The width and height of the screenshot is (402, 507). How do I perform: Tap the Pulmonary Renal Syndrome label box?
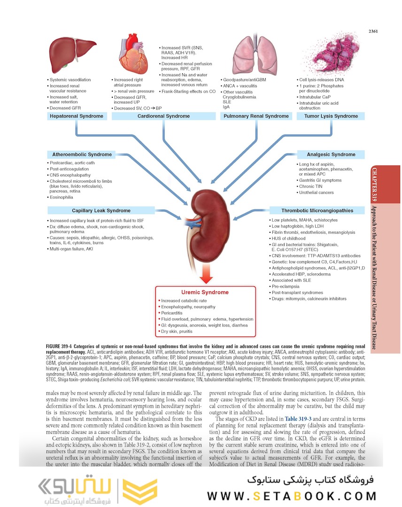[x=256, y=116]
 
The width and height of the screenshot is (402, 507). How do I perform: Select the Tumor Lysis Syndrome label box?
[x=331, y=116]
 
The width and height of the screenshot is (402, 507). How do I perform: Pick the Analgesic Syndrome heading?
[x=331, y=154]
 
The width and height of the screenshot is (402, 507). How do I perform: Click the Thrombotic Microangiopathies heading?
[x=317, y=210]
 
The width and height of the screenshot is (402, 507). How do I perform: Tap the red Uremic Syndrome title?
[x=205, y=292]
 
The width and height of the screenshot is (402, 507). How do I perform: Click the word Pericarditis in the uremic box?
[x=177, y=313]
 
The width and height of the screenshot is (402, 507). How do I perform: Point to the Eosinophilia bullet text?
[x=63, y=197]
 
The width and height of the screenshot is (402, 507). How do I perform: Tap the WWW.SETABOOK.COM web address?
[x=292, y=496]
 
